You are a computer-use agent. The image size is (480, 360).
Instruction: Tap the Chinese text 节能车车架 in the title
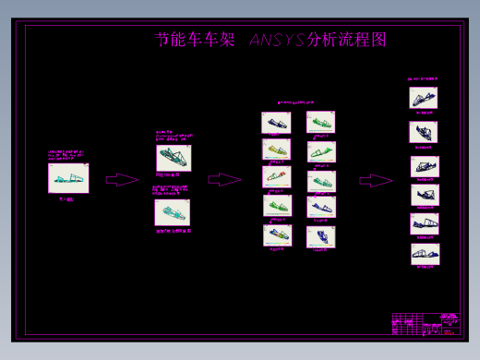click(196, 41)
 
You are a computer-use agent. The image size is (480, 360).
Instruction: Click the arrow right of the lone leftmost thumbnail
click(122, 180)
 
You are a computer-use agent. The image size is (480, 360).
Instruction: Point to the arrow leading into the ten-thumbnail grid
click(224, 180)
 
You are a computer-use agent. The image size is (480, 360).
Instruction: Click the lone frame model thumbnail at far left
click(68, 178)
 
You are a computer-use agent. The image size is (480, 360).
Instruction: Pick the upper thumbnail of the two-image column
click(174, 158)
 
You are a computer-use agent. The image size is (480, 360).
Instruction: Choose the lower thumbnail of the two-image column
click(173, 213)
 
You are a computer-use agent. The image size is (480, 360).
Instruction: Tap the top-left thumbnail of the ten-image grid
click(276, 122)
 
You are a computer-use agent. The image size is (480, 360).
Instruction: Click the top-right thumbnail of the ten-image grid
click(320, 122)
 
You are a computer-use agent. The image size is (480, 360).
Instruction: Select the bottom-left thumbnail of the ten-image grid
click(276, 234)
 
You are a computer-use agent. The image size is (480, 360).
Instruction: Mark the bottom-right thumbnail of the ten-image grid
click(320, 236)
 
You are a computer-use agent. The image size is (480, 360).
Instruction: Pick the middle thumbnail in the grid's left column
click(276, 176)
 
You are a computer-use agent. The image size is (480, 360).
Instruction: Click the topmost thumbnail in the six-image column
click(424, 98)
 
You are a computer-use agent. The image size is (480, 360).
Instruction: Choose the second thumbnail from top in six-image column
click(424, 132)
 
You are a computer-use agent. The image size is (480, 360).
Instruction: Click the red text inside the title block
click(450, 318)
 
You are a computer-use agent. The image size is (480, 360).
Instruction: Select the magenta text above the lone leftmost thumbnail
click(69, 156)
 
